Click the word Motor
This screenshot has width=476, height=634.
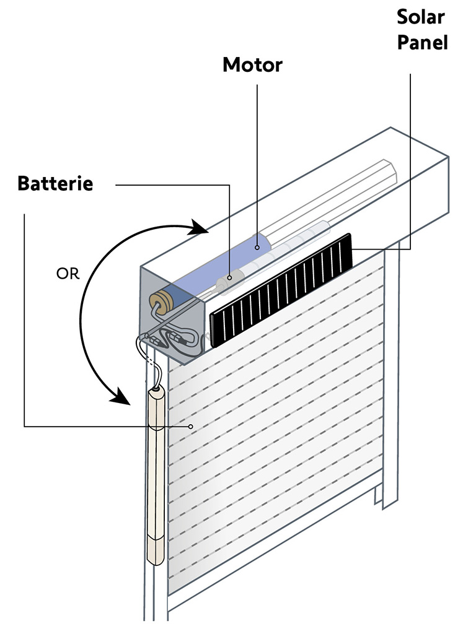tap(252, 64)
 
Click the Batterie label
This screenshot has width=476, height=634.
tap(55, 184)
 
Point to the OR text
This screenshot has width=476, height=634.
tap(68, 273)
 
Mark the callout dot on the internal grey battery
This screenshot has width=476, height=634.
tap(229, 278)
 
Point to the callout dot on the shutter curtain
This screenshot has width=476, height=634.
tap(192, 426)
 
